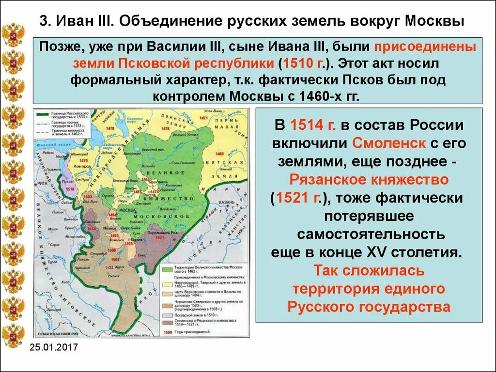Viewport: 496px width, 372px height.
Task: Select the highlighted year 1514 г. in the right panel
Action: pos(306,126)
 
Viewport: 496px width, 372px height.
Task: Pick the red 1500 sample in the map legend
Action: pos(168,332)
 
